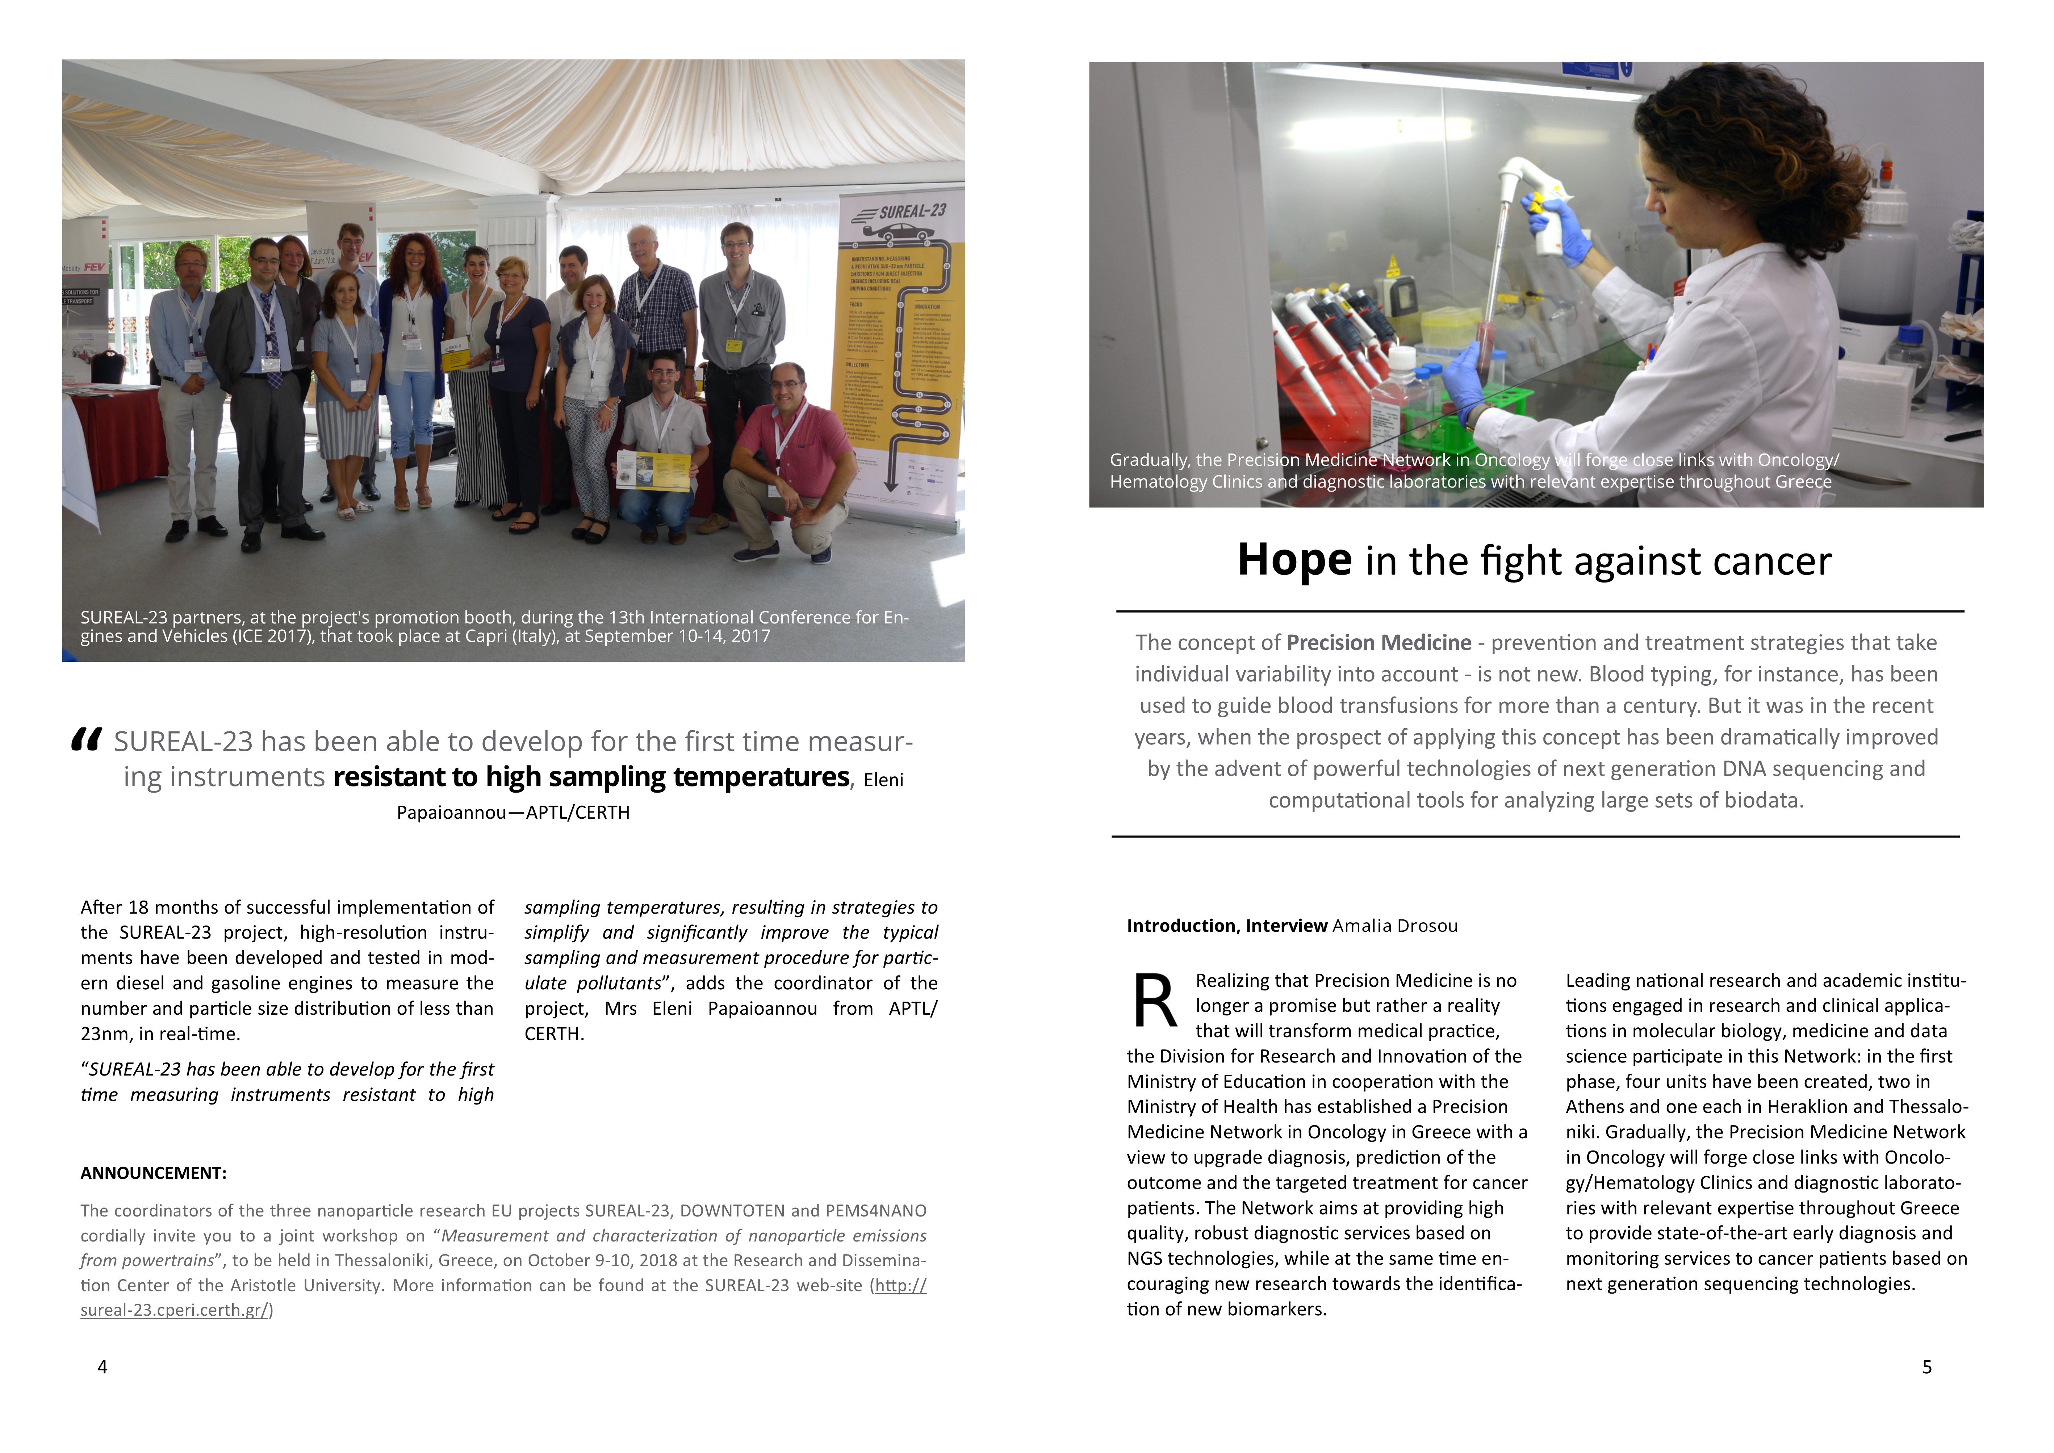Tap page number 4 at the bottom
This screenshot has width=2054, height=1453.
[102, 1366]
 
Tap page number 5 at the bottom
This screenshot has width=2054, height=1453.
[1927, 1366]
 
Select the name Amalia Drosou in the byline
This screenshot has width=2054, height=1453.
[1395, 926]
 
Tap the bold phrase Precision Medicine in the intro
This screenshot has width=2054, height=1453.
[1379, 642]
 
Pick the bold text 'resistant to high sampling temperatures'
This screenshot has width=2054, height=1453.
[591, 777]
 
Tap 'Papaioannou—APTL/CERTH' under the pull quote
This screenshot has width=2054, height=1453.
[514, 813]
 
